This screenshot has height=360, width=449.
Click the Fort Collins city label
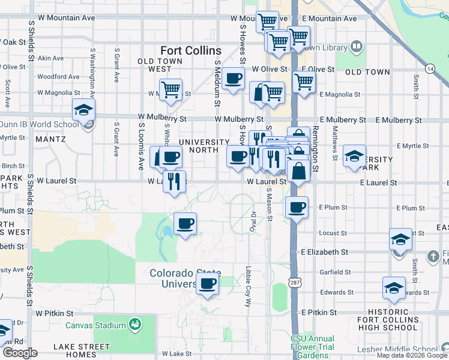coord(191,50)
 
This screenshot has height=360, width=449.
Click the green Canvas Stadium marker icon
coord(135,325)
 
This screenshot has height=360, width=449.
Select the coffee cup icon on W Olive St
coord(233,78)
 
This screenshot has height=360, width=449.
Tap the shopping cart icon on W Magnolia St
coord(170,90)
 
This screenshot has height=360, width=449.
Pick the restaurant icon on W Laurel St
coord(173,181)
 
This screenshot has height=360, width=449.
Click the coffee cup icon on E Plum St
coord(297,208)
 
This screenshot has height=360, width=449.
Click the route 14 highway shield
coord(430,69)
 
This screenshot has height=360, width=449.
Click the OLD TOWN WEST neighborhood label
coord(163,65)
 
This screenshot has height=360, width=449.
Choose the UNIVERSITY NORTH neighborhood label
coord(203,146)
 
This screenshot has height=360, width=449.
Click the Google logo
coord(20,353)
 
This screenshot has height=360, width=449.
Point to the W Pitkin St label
coord(54,313)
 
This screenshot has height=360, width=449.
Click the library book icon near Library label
coord(357,46)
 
